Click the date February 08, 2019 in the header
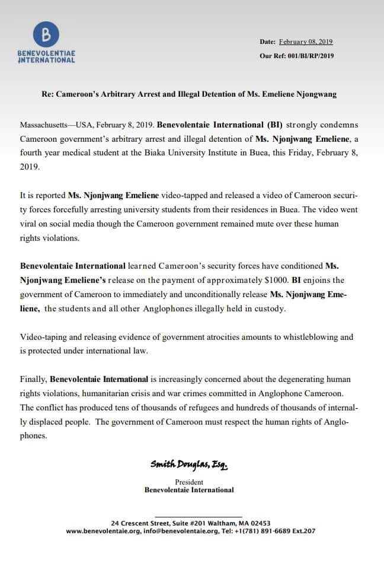[x=305, y=42]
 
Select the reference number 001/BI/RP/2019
[x=306, y=57]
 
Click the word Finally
[x=33, y=378]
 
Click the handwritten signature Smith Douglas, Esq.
[x=188, y=466]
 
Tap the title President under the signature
[x=189, y=482]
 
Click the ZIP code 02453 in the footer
[x=260, y=523]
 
